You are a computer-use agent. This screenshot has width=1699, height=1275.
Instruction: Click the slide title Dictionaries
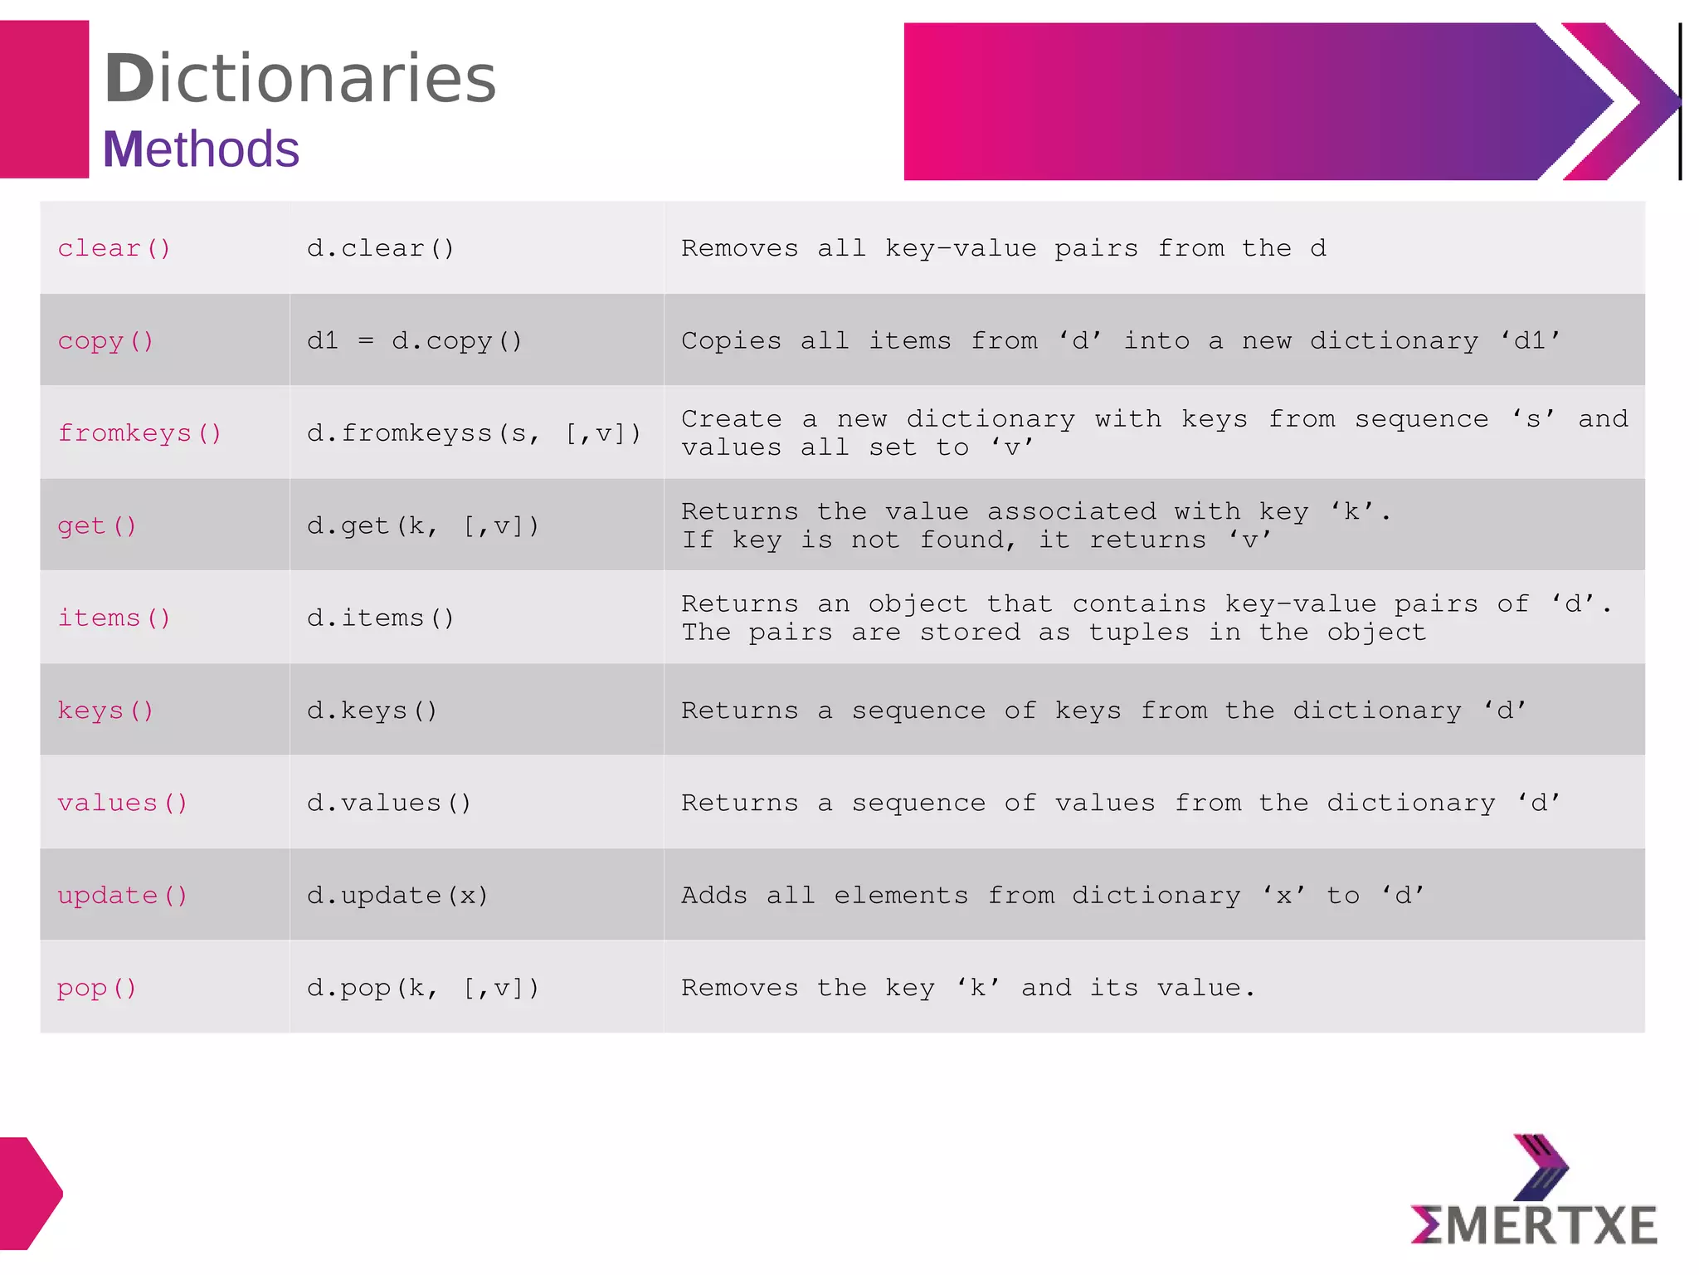point(299,78)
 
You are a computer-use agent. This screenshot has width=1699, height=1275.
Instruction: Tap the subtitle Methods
point(201,149)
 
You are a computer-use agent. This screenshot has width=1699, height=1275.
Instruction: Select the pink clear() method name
point(114,248)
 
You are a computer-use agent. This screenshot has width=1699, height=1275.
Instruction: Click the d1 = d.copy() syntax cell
point(414,340)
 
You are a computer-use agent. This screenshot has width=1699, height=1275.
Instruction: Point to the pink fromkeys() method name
point(139,433)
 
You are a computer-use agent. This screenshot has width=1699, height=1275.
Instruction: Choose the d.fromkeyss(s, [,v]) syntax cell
point(474,433)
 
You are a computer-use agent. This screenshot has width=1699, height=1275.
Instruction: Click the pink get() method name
point(96,526)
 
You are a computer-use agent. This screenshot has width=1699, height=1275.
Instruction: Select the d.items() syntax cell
point(380,618)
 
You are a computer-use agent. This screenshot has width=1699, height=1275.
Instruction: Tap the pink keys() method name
point(105,711)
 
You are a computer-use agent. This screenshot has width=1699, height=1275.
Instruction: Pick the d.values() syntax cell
point(388,803)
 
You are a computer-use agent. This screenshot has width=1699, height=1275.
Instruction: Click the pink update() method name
point(122,896)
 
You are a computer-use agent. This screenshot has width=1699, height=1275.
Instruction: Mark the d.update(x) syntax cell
point(397,896)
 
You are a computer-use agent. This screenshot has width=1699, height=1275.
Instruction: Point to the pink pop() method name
point(96,988)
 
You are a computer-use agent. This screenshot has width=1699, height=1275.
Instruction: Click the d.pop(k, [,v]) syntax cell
point(422,988)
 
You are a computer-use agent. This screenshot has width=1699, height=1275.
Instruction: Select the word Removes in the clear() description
point(739,248)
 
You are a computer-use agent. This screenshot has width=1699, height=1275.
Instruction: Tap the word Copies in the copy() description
point(731,340)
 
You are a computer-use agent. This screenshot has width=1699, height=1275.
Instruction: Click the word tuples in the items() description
point(1138,633)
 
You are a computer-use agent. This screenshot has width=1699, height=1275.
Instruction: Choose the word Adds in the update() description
point(713,896)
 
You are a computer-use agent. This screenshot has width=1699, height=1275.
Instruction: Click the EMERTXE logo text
point(1534,1226)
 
